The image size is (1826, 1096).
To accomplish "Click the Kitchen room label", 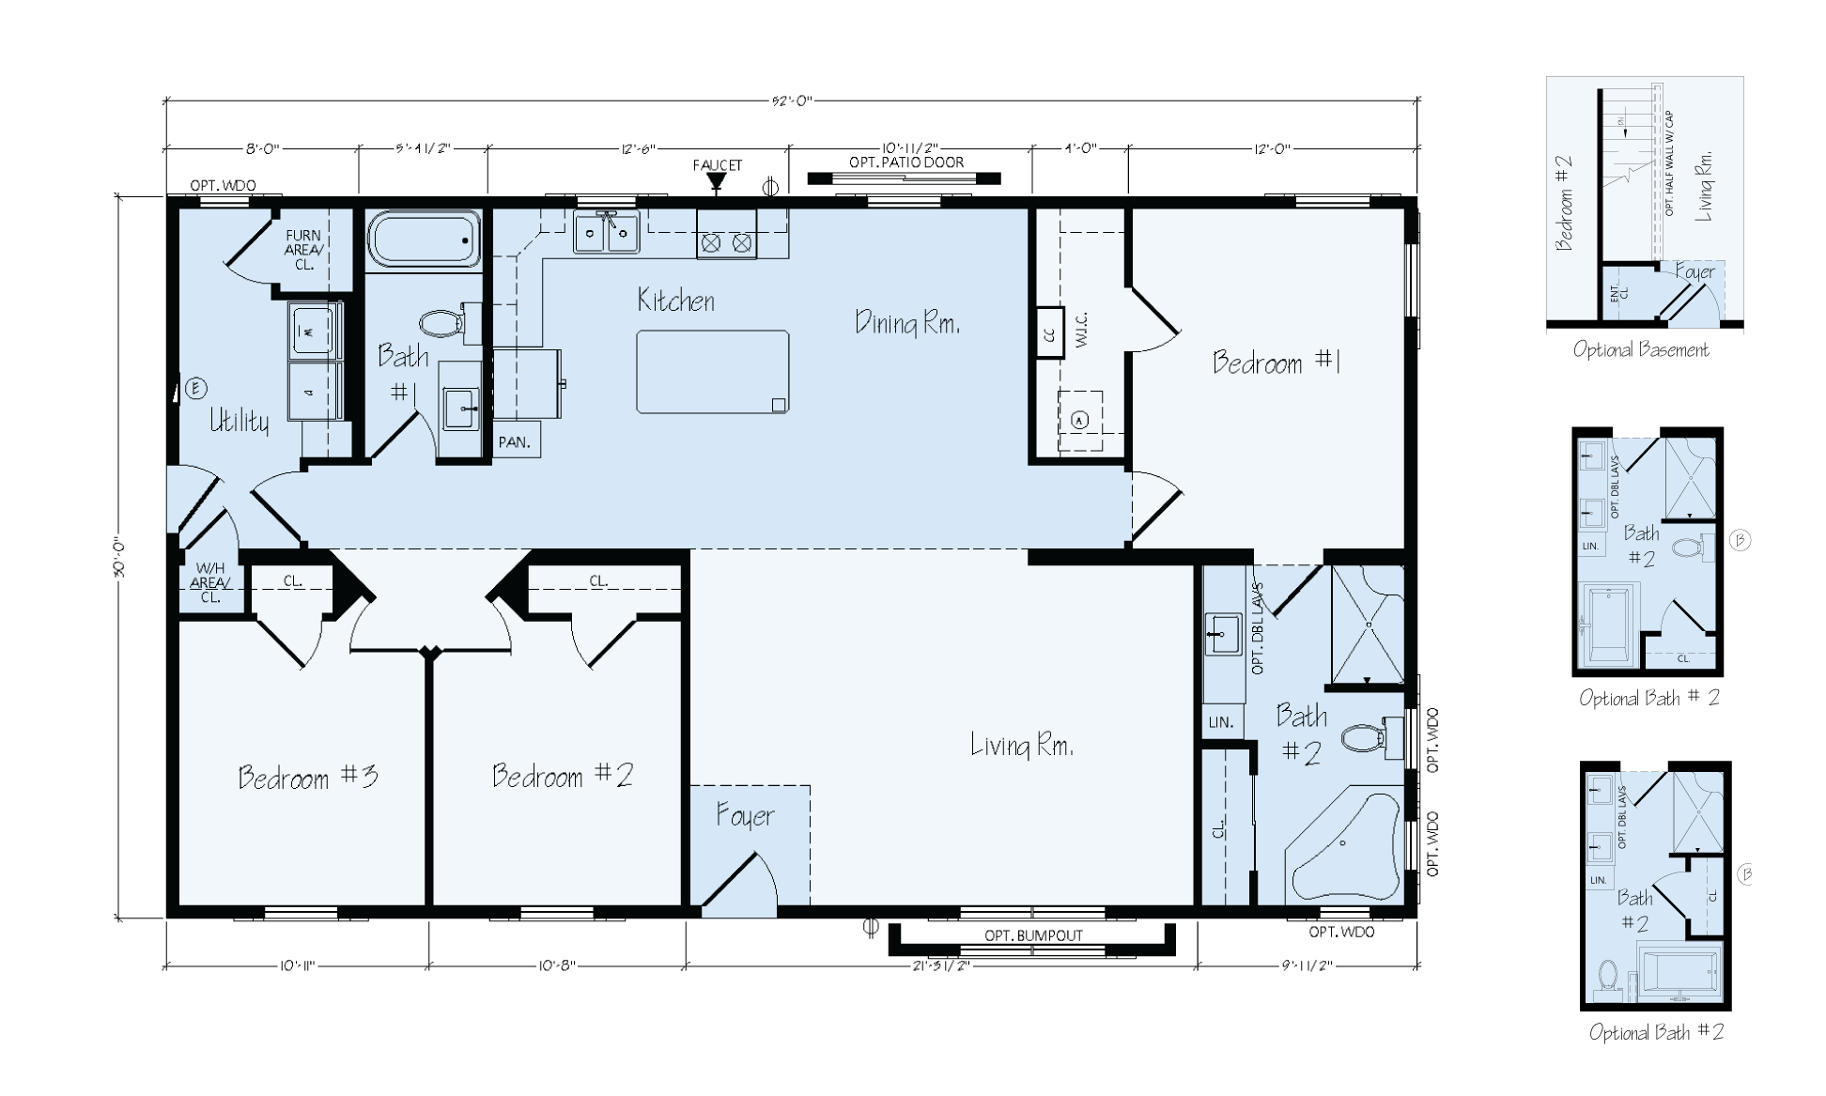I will [x=675, y=301].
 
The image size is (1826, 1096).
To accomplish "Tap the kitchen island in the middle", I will [x=712, y=372].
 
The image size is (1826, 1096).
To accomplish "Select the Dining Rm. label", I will [x=906, y=323].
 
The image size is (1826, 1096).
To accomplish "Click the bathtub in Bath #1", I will [x=424, y=239].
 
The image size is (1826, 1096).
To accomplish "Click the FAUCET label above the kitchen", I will [x=718, y=165].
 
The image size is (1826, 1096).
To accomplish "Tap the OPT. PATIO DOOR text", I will [x=905, y=162].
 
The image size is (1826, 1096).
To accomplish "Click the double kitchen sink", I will [x=606, y=232].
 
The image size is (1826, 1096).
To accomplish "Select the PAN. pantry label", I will [x=515, y=441].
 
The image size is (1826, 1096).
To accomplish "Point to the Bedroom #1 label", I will [x=1276, y=363].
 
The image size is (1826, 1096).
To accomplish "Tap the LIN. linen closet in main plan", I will [x=1220, y=722].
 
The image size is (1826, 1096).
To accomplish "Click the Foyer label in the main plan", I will [x=745, y=815].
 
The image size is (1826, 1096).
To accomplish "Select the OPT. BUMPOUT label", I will [x=1033, y=935].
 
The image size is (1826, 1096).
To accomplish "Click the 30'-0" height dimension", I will [x=120, y=558].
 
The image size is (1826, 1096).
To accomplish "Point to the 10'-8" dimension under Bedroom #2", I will [x=558, y=965].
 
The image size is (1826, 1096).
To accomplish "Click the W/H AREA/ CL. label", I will [x=209, y=582].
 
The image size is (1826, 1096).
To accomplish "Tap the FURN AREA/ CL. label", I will [x=303, y=250].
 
